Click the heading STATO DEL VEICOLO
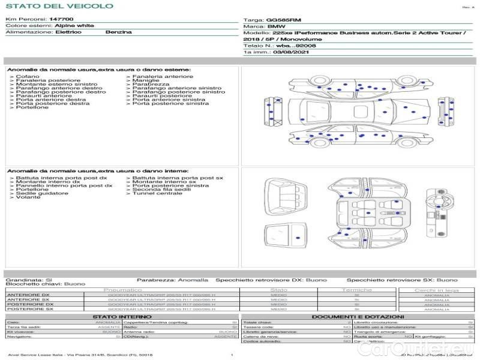(x=59, y=6)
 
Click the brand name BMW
(x=276, y=27)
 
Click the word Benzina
(x=118, y=32)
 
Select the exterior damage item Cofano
(x=28, y=76)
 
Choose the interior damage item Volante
(x=28, y=197)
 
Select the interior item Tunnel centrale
(x=157, y=193)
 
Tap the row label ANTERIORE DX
(x=28, y=295)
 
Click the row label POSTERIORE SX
(x=29, y=309)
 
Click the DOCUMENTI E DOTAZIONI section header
(x=358, y=317)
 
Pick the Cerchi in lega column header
(x=436, y=290)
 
